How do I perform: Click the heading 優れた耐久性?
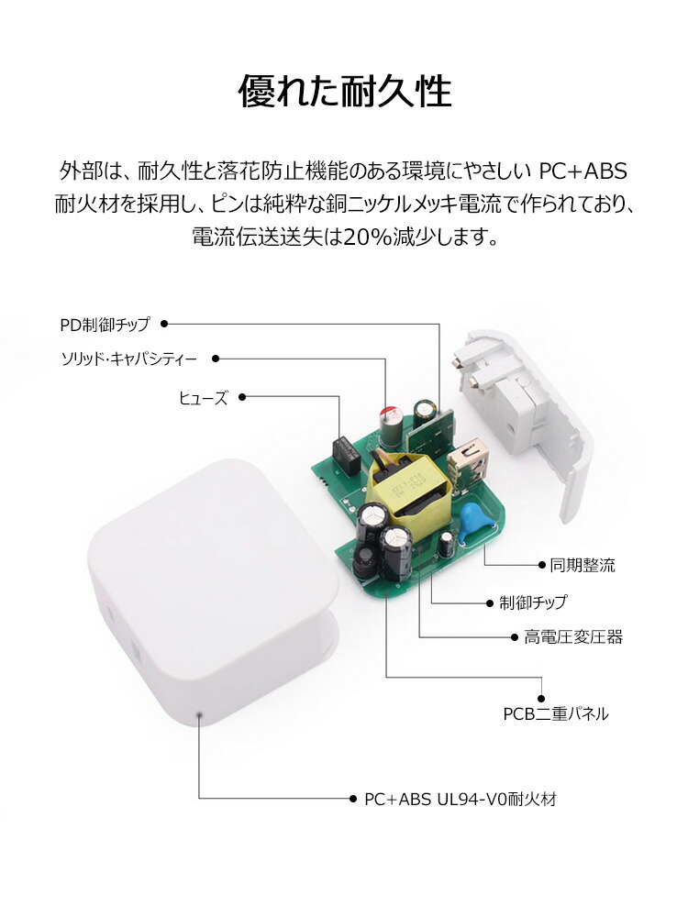coord(344,91)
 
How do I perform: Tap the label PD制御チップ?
coord(105,324)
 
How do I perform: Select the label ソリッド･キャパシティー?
coord(129,359)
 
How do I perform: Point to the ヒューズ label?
coord(203,398)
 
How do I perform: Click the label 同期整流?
coord(583,565)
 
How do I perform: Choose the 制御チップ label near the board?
coord(533,602)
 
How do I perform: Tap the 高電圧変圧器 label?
coord(573,637)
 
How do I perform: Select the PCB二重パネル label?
coord(556,713)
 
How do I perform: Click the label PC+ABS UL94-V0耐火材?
coord(461,799)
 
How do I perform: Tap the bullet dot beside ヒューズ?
coord(242,397)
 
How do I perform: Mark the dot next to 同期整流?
coord(542,565)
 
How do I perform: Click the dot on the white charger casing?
coord(200,714)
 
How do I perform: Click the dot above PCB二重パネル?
coord(541,698)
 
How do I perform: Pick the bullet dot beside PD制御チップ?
coord(164,324)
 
